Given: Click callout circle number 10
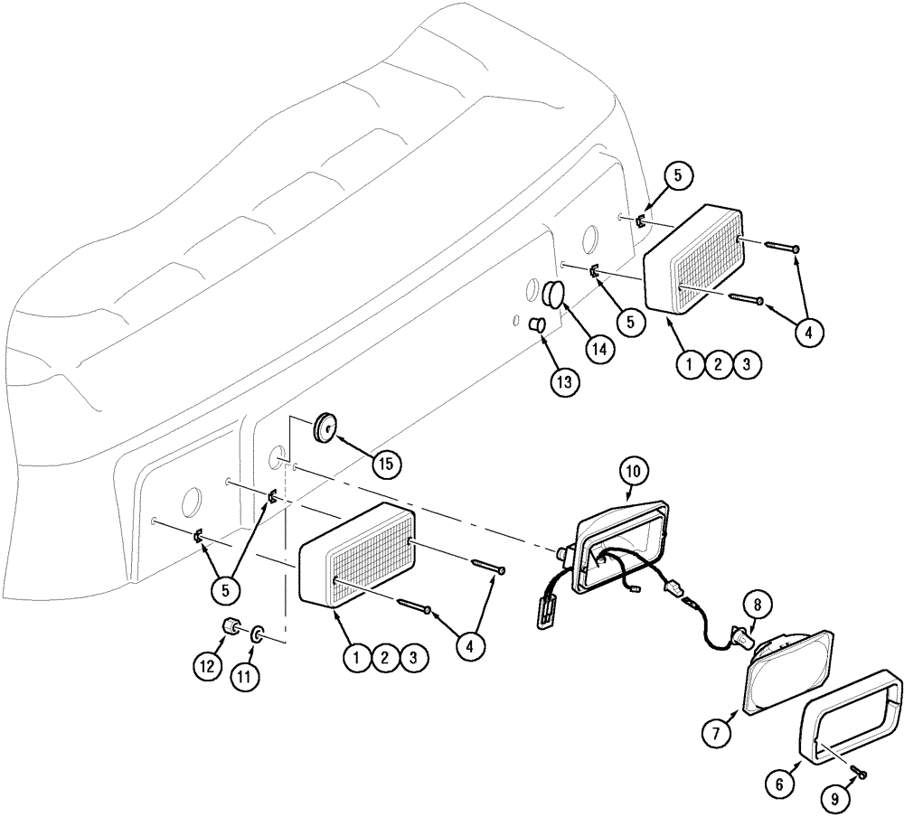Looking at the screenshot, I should (635, 472).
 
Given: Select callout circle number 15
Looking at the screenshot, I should (387, 464).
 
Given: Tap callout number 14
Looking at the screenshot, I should (598, 347).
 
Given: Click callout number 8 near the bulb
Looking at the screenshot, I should (758, 603).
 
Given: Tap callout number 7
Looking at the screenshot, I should (717, 732).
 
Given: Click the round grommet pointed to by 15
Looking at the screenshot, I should (325, 426).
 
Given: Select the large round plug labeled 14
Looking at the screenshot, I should (552, 293).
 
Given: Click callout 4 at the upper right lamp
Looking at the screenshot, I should (808, 333).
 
